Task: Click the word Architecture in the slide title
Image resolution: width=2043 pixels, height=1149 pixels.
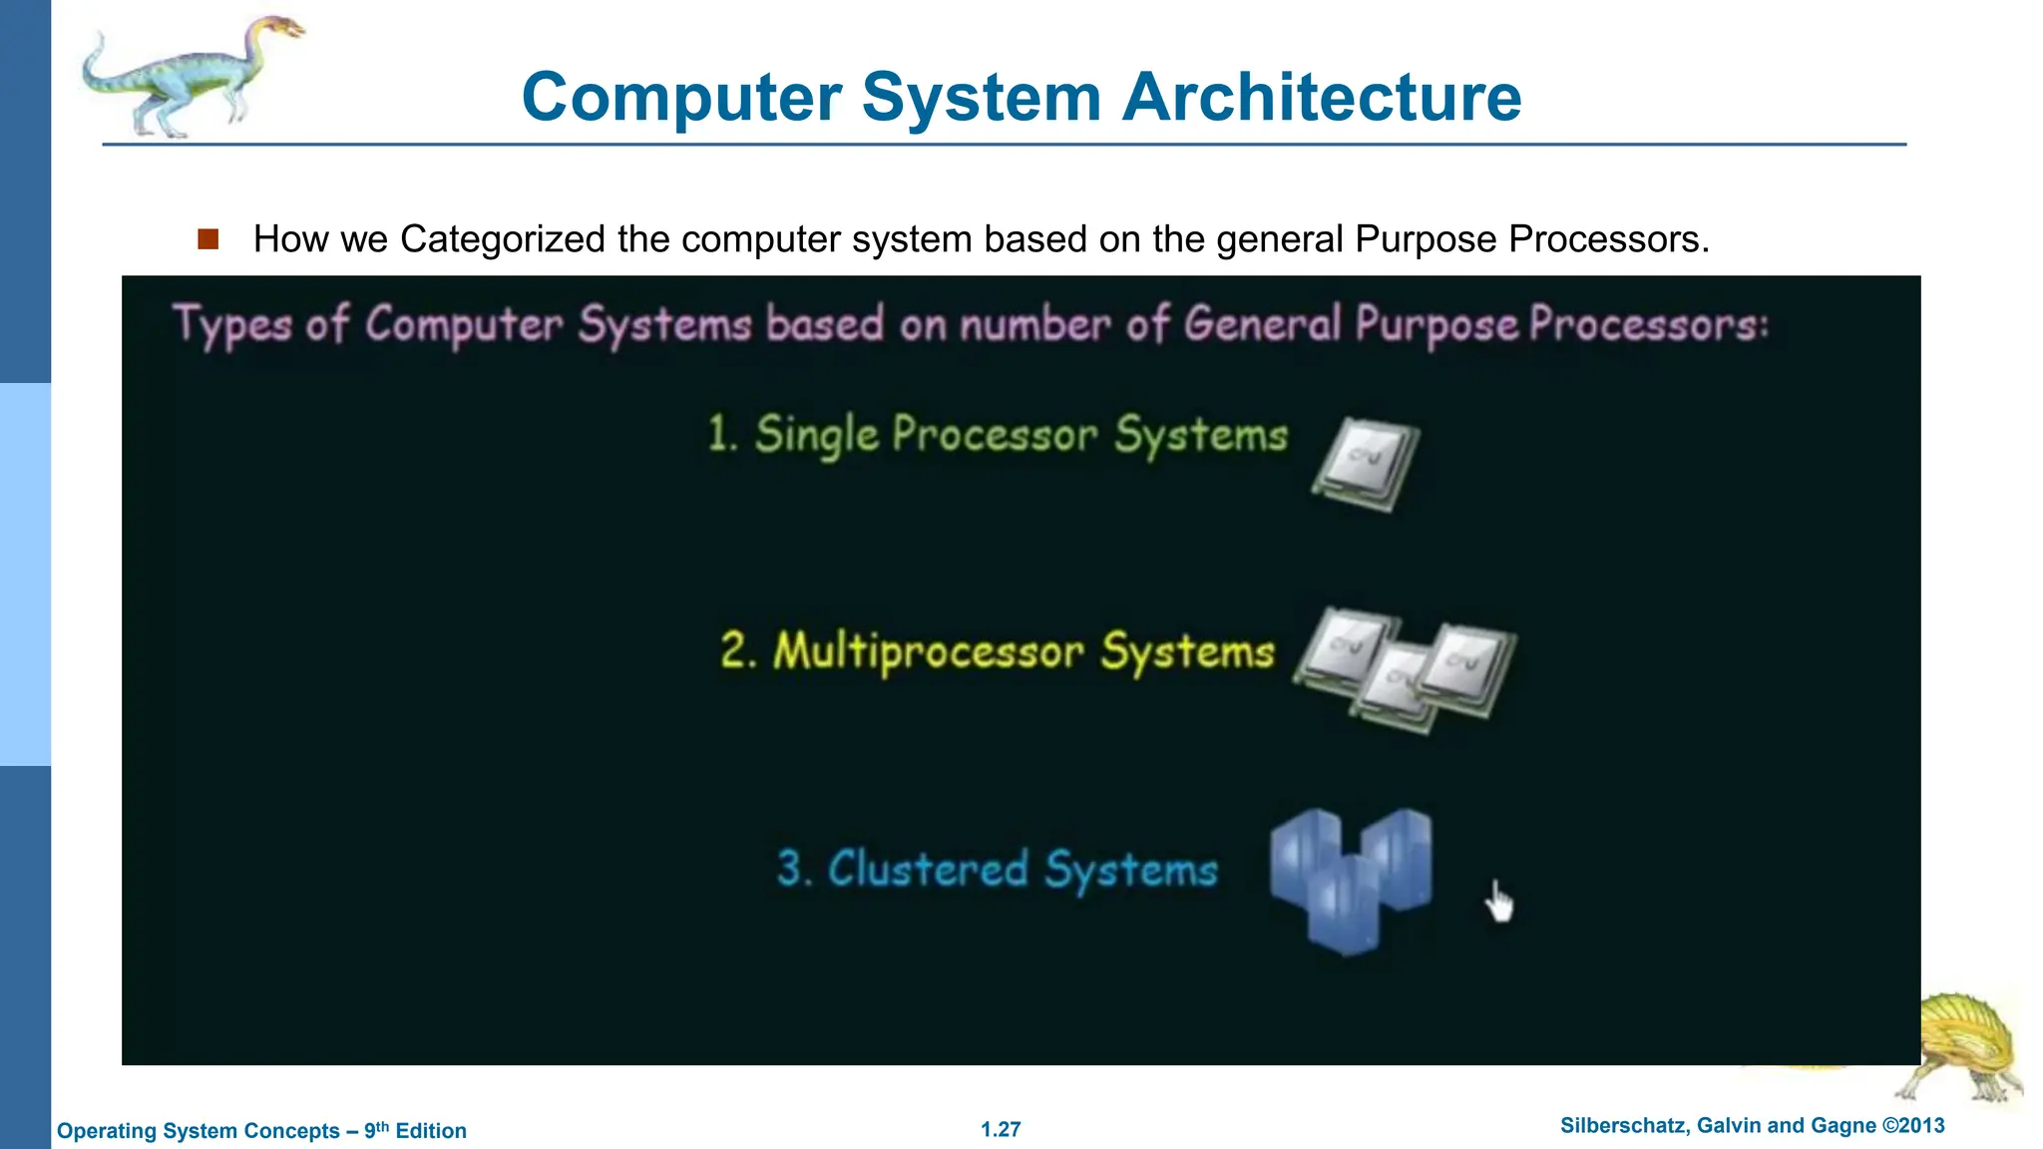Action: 1322,98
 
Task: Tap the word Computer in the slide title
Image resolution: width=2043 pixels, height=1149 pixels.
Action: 682,98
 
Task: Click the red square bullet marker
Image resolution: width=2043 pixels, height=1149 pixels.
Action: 207,239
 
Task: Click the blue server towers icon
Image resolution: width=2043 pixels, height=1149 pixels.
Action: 1350,878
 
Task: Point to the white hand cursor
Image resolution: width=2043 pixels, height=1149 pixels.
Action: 1497,902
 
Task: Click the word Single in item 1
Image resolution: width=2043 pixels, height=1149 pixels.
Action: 816,436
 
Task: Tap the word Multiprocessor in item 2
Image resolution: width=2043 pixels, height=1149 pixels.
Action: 928,652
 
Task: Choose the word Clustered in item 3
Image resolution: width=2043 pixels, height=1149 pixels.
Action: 927,869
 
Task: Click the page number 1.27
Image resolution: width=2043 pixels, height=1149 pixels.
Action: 1001,1129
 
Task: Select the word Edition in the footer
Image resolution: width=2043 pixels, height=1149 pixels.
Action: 431,1131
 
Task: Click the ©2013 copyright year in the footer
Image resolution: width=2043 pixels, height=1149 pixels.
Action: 1913,1126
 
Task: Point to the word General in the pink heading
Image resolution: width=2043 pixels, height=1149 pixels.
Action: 1263,324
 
